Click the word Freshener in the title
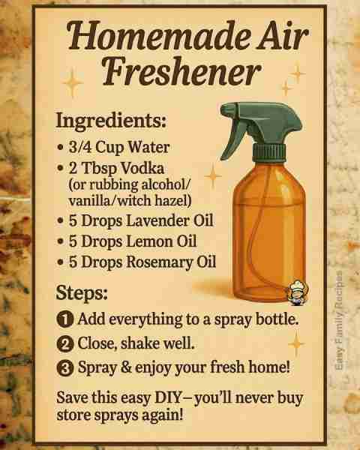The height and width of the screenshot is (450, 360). (181, 71)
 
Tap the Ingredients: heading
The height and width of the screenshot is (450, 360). (111, 121)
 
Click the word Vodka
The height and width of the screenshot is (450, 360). (142, 168)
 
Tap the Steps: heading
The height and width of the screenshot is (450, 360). (82, 293)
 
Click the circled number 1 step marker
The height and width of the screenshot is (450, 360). (65, 319)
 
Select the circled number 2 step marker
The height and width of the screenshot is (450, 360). (65, 343)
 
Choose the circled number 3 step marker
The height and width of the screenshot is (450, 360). (65, 368)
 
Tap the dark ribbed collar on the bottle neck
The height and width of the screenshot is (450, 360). (269, 152)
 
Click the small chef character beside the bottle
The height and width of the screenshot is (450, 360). (298, 292)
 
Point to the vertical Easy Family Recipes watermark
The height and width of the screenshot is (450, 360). (339, 320)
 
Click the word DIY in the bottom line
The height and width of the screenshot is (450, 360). (168, 397)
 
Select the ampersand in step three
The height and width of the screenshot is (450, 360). (125, 367)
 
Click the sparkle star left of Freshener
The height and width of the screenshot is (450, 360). (72, 82)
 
